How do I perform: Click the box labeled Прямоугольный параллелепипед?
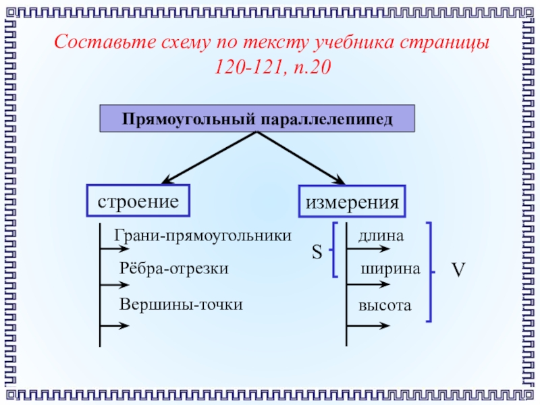(x=256, y=118)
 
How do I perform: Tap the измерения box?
(x=352, y=202)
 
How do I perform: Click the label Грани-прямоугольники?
(x=203, y=236)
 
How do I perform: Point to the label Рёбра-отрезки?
(x=174, y=269)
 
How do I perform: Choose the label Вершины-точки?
(x=181, y=304)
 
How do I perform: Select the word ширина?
(x=391, y=269)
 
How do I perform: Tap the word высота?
(x=385, y=305)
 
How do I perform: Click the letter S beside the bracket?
(x=317, y=254)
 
